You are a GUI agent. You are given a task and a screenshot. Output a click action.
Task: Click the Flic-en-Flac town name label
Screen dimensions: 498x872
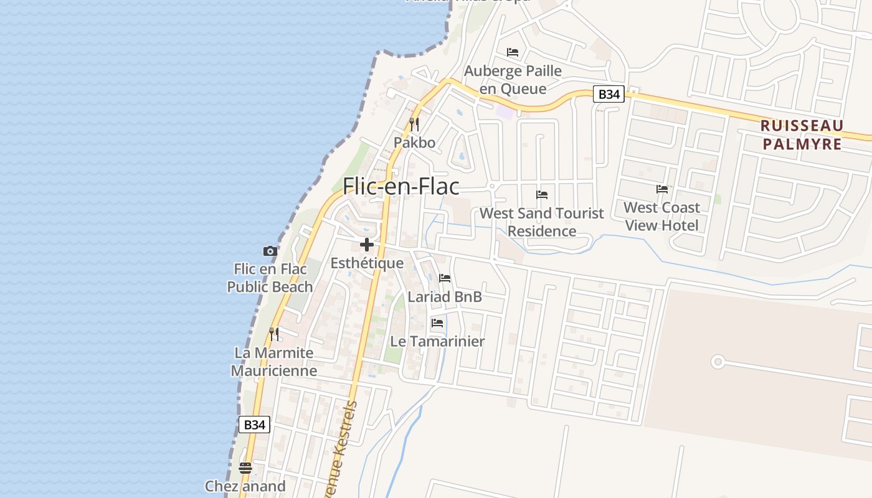[x=401, y=186]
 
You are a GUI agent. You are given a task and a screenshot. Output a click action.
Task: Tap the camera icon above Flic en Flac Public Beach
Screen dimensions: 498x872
[x=270, y=251]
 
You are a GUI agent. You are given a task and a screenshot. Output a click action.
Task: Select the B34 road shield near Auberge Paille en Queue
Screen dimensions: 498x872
[x=608, y=94]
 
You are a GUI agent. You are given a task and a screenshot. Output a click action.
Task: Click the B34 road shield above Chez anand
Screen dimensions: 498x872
[x=254, y=425]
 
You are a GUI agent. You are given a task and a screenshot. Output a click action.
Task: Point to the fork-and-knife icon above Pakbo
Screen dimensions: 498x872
[x=414, y=124]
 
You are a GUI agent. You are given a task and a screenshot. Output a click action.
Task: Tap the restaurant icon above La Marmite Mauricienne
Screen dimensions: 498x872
[x=274, y=334]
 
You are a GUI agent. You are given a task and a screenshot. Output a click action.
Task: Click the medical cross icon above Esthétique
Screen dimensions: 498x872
[x=367, y=244]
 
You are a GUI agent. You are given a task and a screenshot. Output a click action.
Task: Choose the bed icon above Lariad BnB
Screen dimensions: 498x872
[x=445, y=278]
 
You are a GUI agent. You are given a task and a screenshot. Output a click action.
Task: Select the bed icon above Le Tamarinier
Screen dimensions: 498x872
[x=437, y=322]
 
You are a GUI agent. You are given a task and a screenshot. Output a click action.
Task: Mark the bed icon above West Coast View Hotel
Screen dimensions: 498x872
[x=661, y=189]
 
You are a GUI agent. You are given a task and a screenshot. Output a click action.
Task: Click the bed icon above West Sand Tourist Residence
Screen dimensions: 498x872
[x=542, y=194]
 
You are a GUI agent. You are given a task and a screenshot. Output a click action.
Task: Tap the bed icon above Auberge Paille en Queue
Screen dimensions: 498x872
[x=513, y=52]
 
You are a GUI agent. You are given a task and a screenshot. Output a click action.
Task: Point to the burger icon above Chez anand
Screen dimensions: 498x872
[x=245, y=467]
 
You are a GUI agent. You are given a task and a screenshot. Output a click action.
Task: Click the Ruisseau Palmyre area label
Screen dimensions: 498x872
[x=802, y=135]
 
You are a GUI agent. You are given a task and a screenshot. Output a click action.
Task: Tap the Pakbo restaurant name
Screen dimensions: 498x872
[x=414, y=143]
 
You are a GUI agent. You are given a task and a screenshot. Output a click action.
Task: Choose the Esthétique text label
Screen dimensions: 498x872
[x=367, y=263]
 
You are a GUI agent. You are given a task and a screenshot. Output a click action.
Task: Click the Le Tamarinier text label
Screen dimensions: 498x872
[x=437, y=341]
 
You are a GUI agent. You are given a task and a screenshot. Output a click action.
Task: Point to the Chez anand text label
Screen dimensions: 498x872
[x=245, y=486]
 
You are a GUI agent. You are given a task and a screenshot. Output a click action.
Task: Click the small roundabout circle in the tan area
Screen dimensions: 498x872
[x=718, y=361]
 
